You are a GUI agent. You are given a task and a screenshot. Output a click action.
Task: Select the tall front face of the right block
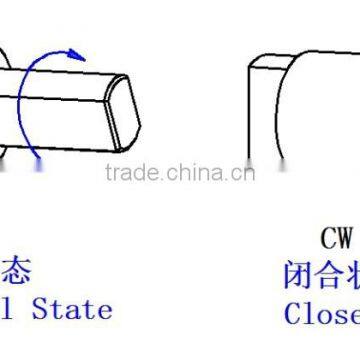point(262,120)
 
